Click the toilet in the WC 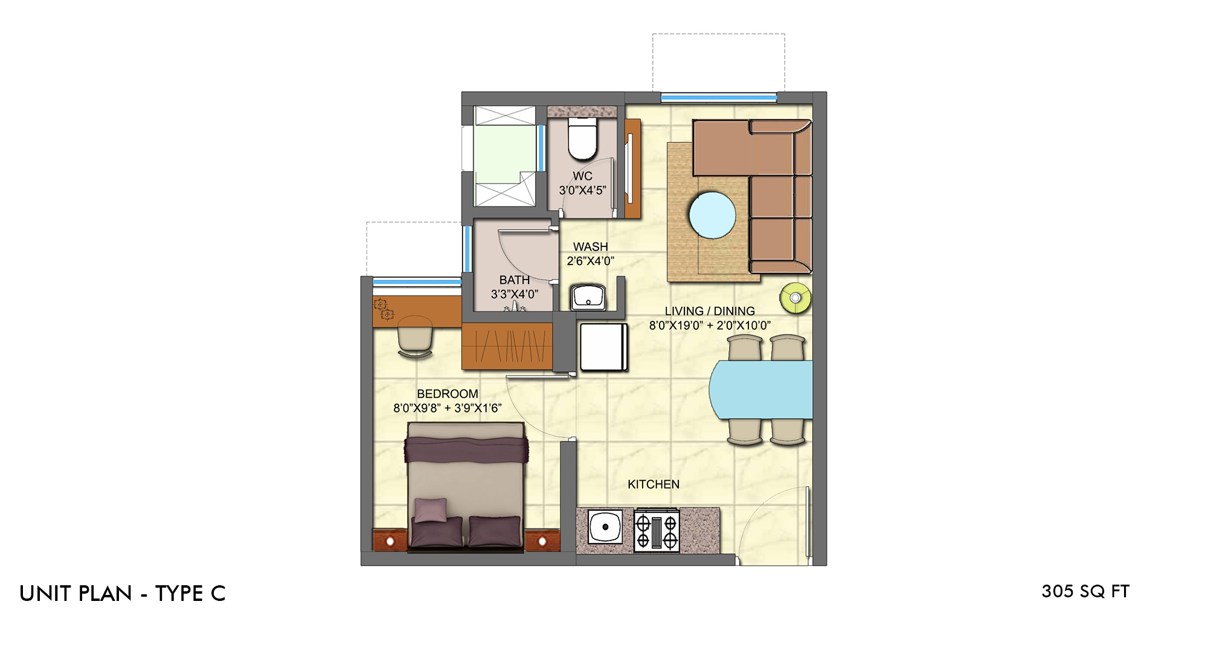(582, 138)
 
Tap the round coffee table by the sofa (713, 215)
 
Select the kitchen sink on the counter (605, 527)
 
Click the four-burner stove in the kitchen (657, 531)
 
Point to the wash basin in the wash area (588, 297)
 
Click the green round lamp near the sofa (795, 298)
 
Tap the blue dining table (760, 390)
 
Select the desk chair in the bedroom (415, 336)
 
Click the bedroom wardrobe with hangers (507, 346)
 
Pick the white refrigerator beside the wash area (603, 347)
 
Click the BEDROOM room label (448, 394)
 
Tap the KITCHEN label (654, 484)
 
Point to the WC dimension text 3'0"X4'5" (582, 190)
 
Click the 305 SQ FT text (1085, 591)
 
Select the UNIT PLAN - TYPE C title (123, 594)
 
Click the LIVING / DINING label (710, 311)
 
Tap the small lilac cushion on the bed (431, 510)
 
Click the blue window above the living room (719, 97)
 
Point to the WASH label (591, 247)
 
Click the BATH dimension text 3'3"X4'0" (515, 294)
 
